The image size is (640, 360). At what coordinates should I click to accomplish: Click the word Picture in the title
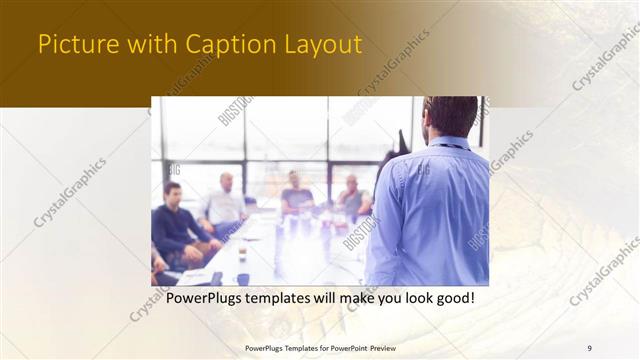tap(72, 46)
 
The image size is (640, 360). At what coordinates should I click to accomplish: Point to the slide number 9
tap(590, 348)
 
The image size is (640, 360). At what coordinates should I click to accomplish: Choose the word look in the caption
tap(409, 298)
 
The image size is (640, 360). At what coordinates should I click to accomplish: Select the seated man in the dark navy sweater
tap(179, 224)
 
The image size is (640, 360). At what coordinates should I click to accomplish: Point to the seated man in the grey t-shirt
tap(296, 194)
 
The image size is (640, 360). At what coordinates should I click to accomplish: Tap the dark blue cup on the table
tap(242, 280)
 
